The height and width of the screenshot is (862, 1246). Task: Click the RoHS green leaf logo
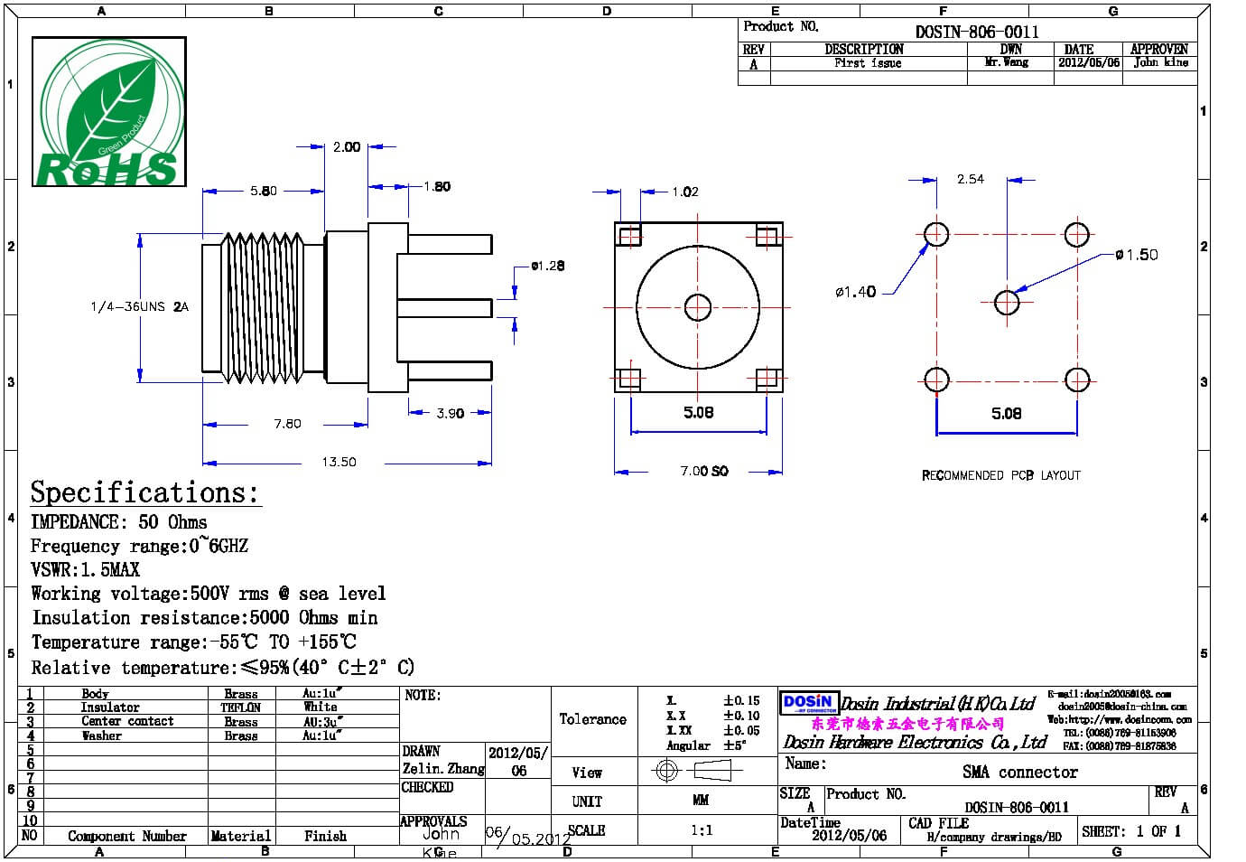(x=108, y=112)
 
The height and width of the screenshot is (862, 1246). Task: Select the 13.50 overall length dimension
(x=339, y=462)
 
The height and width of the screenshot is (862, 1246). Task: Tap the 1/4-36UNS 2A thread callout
(x=139, y=307)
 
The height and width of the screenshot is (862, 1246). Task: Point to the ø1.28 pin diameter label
(x=547, y=266)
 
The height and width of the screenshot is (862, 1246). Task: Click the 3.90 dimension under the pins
(x=450, y=414)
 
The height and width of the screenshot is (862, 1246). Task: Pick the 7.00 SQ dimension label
(x=704, y=471)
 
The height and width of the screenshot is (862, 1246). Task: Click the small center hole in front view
(x=697, y=307)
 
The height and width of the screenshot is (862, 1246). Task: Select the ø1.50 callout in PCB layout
(x=1136, y=255)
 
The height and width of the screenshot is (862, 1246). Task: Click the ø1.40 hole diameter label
(x=855, y=292)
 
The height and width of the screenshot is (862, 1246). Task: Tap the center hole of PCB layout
(x=1007, y=303)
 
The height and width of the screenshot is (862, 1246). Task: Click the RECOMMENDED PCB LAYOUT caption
(x=1000, y=475)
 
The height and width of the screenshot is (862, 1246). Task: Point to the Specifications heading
(x=144, y=492)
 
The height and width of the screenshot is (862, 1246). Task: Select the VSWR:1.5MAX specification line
(x=86, y=570)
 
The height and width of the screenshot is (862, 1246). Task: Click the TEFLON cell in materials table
(x=241, y=707)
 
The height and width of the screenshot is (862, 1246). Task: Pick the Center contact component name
(x=127, y=721)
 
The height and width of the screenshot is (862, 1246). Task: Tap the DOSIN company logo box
(x=809, y=703)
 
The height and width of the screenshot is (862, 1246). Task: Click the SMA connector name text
(x=1019, y=772)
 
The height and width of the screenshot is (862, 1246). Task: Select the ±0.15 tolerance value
(x=741, y=700)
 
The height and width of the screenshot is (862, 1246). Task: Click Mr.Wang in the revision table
(x=1007, y=62)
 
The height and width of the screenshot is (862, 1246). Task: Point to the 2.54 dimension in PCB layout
(x=971, y=179)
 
